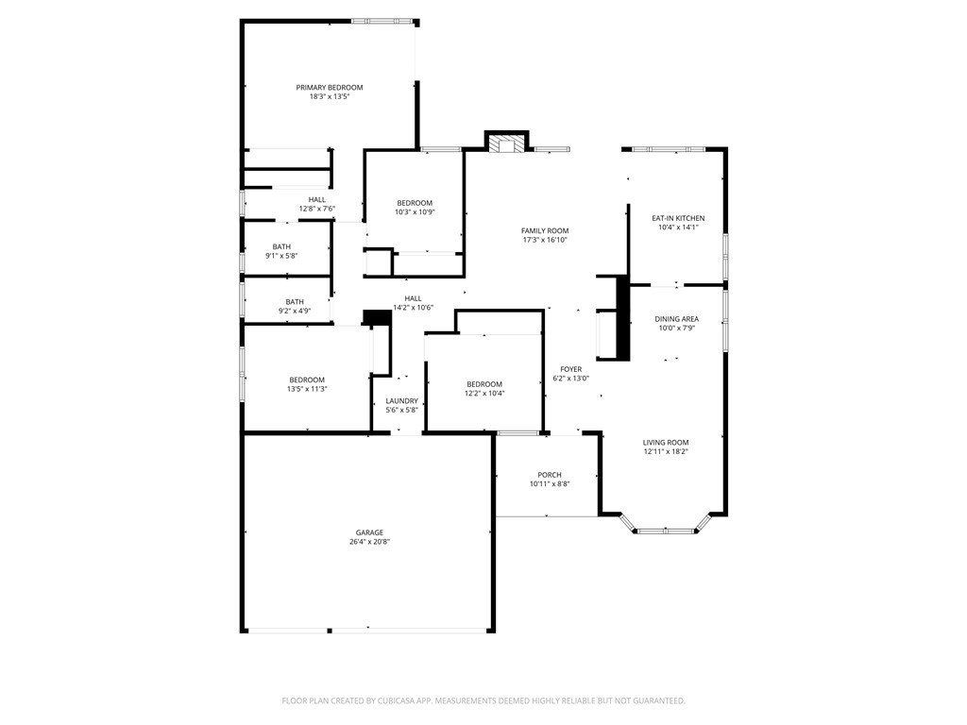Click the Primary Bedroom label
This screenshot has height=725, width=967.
point(329,88)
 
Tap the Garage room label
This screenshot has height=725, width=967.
point(369,532)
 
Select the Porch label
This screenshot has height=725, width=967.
point(550,475)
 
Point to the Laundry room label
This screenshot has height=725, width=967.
point(401,401)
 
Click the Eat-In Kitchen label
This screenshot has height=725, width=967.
point(678,218)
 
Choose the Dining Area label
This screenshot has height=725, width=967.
point(676,319)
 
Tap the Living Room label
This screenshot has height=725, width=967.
point(666,443)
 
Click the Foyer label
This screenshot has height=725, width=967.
point(570,369)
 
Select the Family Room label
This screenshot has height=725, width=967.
point(545,230)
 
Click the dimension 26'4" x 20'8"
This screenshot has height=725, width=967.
point(369,542)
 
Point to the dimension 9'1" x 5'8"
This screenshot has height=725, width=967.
point(281,256)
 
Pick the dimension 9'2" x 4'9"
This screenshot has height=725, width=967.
point(295,311)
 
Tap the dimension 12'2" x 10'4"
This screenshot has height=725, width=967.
point(483,393)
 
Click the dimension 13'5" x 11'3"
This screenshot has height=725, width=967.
point(307,389)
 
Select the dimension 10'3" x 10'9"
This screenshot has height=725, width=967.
point(415,212)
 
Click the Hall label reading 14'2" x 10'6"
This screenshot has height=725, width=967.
point(413,307)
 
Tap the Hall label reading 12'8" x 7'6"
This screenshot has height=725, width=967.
point(317,209)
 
